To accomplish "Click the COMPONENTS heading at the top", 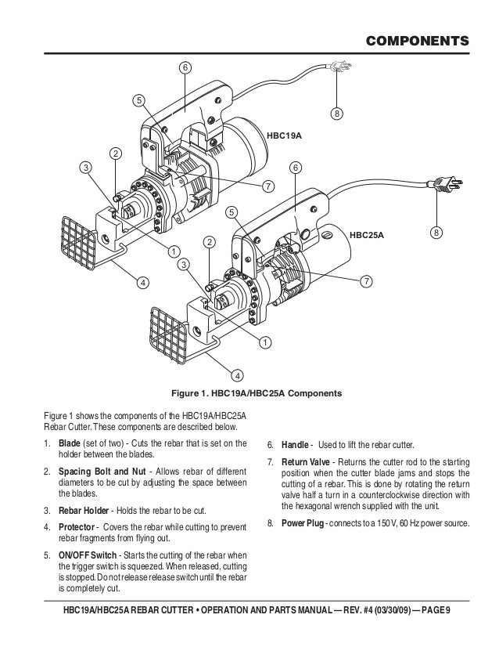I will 418,39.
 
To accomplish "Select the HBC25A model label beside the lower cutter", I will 368,233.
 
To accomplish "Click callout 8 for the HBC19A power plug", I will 336,114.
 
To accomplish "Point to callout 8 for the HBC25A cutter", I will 436,233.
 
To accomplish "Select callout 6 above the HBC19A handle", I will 185,68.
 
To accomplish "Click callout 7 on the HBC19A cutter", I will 267,186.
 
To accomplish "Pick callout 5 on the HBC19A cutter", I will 138,100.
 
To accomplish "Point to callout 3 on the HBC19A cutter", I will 84,167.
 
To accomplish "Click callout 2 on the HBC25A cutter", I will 209,243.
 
